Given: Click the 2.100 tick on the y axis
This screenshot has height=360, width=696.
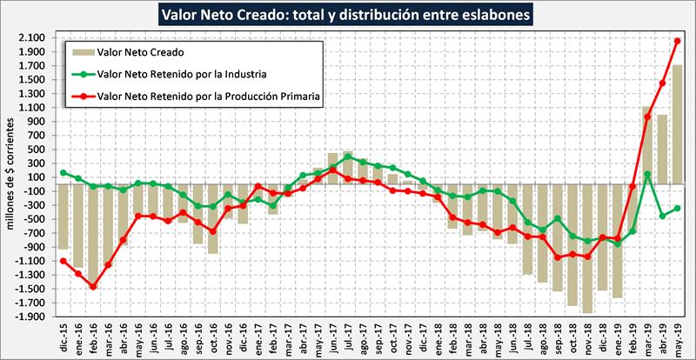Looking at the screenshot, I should (35, 37).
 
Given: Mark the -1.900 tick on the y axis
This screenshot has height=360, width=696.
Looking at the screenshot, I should (33, 317).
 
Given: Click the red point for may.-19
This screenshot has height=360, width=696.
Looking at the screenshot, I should (676, 41).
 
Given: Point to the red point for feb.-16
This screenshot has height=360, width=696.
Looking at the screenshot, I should (93, 286).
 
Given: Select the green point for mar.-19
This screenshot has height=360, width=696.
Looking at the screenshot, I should (646, 174).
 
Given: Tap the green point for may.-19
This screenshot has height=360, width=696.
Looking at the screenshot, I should (676, 208).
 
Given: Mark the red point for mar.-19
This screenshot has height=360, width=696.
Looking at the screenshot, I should (646, 117).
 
